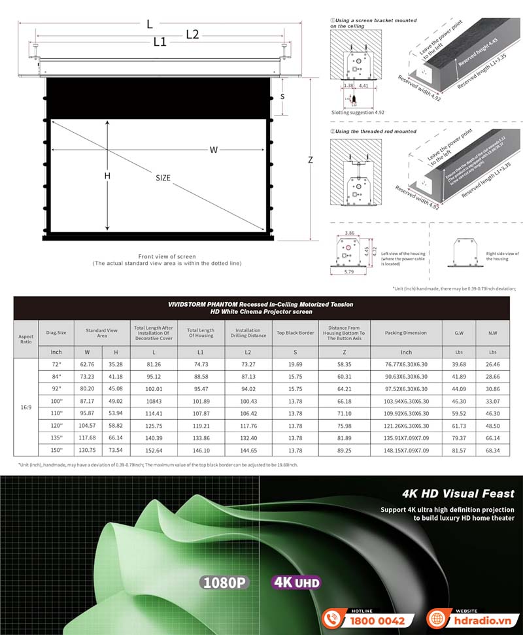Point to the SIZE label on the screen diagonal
163,178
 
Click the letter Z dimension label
310,160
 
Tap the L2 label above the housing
192,35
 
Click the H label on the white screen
107,176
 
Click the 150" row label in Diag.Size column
56,451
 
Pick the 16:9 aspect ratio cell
26,407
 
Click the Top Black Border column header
295,333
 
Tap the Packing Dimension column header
406,333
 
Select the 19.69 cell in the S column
295,364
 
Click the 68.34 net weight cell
492,451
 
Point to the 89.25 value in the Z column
344,451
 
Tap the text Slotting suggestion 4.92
358,112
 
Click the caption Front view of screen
167,256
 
